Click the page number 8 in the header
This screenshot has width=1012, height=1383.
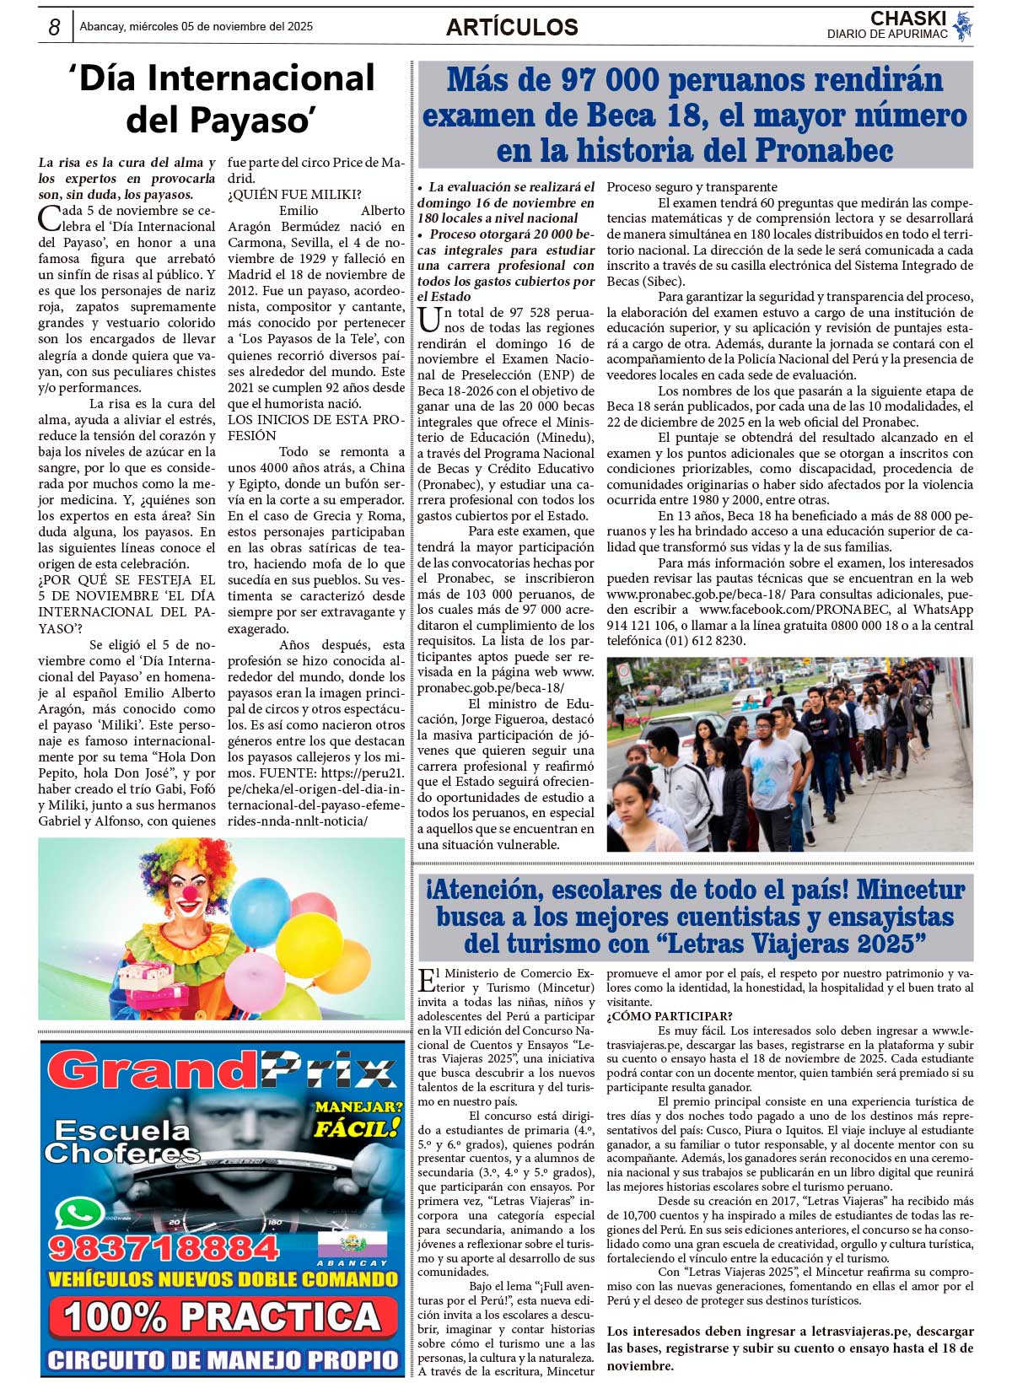[54, 27]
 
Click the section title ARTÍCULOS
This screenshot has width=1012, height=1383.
[512, 27]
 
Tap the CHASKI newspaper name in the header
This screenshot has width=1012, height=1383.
[908, 19]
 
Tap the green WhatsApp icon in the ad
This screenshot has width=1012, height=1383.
[79, 1214]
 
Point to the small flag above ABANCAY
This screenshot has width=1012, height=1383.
[352, 1244]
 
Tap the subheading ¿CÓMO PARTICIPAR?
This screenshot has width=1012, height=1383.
[670, 1016]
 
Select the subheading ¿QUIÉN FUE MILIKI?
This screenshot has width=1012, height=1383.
[294, 195]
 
